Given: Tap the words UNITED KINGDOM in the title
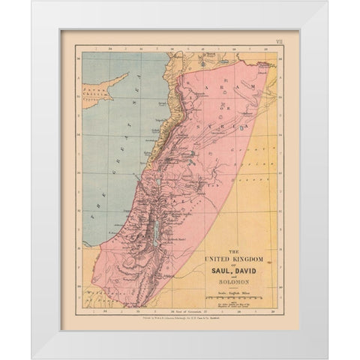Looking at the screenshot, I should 238,257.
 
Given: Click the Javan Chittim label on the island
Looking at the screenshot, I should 95,92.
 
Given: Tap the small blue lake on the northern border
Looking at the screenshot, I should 212,55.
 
